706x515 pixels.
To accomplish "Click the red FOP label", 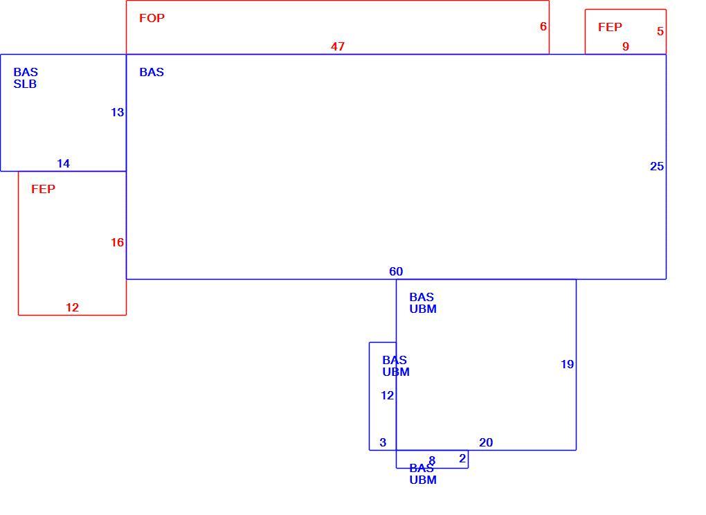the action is pos(152,18).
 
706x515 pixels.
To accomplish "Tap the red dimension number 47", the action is pos(338,46).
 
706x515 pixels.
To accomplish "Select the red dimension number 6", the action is pos(543,26).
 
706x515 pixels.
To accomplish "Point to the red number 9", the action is pos(626,46).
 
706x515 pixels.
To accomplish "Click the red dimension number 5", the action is pos(660,31).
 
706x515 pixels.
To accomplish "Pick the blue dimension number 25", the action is pos(657,167).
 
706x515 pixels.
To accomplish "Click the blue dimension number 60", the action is pos(396,271).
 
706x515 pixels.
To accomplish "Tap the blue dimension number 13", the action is pos(117,112).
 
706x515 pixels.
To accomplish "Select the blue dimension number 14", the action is pos(64,163).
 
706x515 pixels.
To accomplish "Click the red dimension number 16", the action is pos(117,243).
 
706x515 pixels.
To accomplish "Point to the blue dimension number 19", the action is pos(568,364).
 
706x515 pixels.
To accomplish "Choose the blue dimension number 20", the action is pos(486,442).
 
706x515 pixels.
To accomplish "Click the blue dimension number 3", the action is pos(383,442).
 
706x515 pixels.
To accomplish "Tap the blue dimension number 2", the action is pos(462,458).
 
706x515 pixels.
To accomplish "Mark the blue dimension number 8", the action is pos(432,460).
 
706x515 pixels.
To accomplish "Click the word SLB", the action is pos(25,84).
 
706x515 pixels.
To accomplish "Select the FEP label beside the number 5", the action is pos(610,27).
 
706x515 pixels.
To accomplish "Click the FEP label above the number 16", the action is pos(43,189).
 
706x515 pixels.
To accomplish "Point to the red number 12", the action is pos(72,307).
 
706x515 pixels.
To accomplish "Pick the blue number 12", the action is pos(387,396).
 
